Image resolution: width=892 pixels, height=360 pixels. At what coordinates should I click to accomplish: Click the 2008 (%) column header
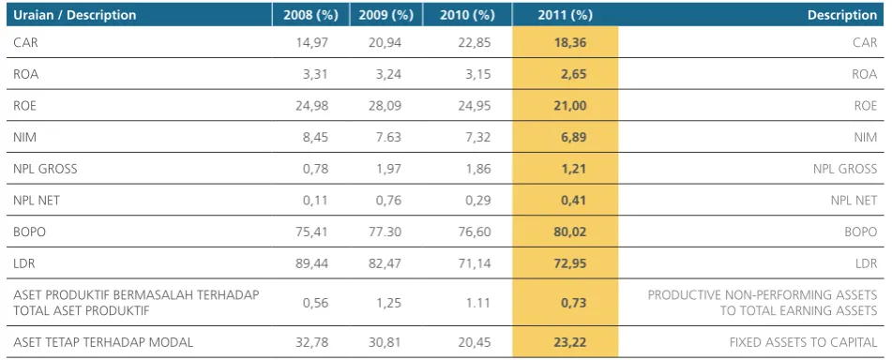click(x=310, y=15)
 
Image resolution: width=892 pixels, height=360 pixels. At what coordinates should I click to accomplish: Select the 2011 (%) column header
click(x=565, y=15)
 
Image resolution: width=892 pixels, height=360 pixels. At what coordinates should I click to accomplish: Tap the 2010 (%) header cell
click(x=467, y=15)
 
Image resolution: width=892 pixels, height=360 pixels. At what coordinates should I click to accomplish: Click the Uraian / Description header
click(x=74, y=15)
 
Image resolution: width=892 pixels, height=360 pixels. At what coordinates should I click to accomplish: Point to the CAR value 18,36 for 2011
click(x=570, y=42)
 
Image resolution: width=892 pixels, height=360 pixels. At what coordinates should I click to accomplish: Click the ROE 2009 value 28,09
click(x=386, y=106)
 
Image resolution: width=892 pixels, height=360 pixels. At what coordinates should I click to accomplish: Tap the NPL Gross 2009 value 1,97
click(x=389, y=169)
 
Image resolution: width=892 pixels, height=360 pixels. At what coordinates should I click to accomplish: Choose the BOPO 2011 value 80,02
click(x=570, y=232)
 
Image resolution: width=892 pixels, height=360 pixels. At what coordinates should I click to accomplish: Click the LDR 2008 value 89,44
click(x=312, y=263)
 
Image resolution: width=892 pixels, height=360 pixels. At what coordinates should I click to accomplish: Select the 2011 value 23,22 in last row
click(x=570, y=342)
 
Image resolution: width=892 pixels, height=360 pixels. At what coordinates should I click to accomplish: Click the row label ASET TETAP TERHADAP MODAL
click(x=103, y=342)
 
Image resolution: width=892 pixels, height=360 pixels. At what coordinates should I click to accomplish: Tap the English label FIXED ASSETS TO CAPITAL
click(x=803, y=342)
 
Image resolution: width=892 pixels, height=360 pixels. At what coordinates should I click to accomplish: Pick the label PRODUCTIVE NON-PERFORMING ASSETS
click(x=763, y=294)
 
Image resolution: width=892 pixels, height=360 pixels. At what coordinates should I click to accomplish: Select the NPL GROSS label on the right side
click(x=845, y=169)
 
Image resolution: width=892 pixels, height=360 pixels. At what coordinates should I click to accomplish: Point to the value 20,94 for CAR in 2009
click(x=386, y=42)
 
